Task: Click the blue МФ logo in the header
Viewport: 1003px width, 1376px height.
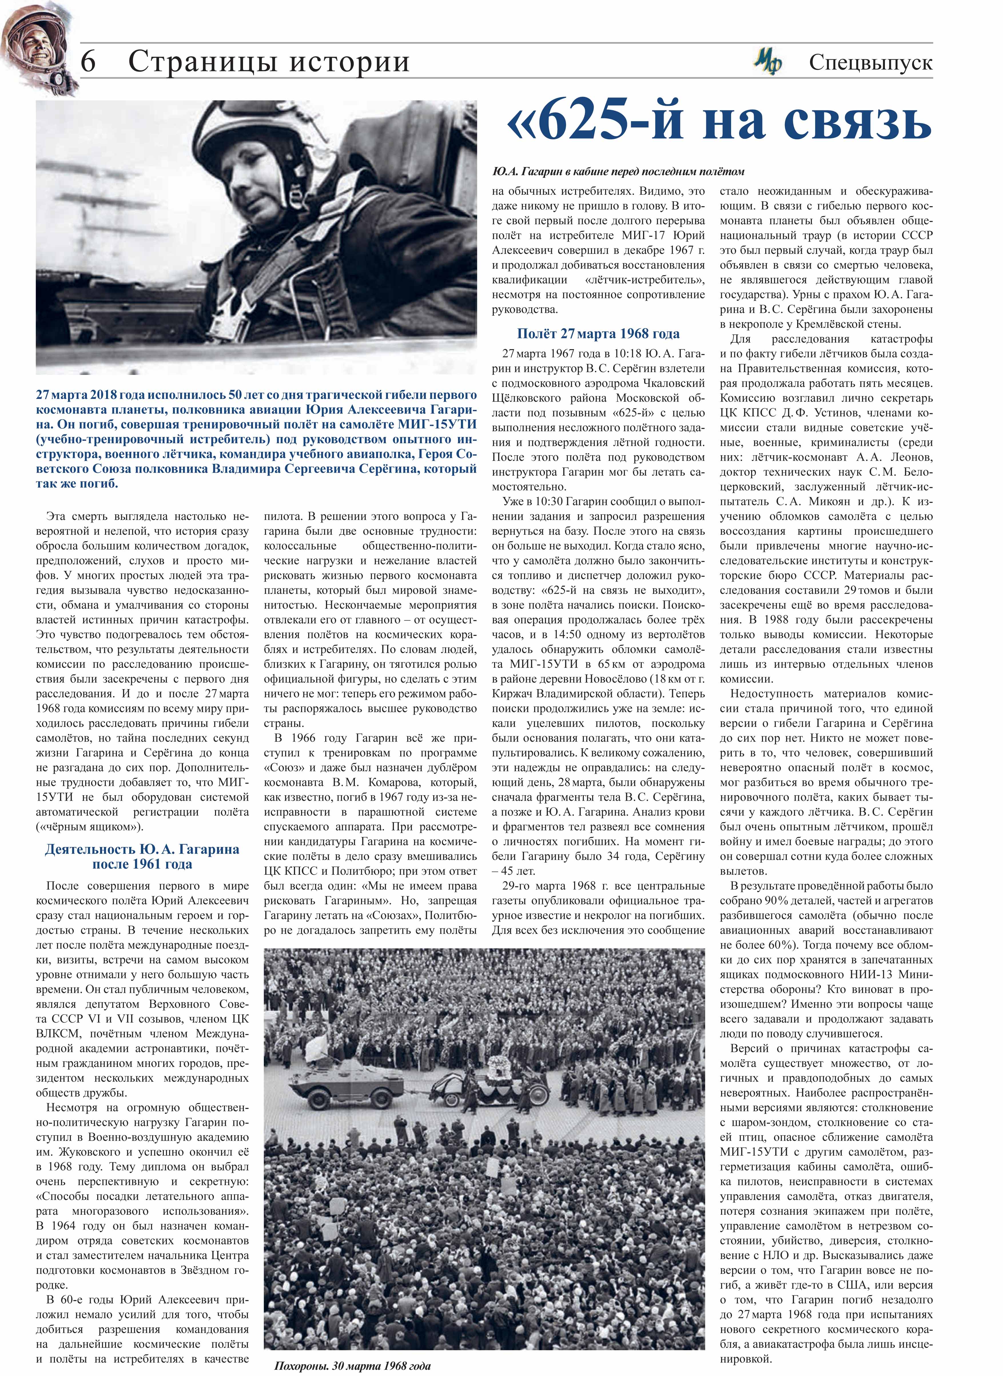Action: [767, 62]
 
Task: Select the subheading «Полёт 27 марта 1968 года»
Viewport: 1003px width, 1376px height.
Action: [598, 334]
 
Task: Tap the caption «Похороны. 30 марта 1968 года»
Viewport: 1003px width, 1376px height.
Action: [352, 1366]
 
